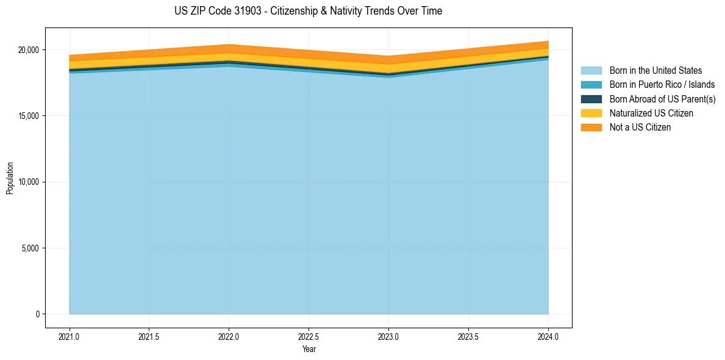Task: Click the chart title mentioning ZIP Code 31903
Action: pos(309,11)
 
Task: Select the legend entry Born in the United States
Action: pos(655,71)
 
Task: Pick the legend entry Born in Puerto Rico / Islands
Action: pos(662,85)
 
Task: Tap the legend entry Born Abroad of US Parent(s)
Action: pos(662,99)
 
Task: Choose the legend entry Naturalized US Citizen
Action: pos(651,113)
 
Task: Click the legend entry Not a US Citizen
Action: pos(640,128)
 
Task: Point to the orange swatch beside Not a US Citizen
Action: pos(591,128)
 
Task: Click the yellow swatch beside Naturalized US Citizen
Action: pos(591,113)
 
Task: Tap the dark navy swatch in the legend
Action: pos(591,99)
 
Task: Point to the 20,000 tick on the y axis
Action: pos(28,49)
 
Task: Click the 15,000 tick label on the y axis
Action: pos(28,116)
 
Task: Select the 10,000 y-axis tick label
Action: pos(28,182)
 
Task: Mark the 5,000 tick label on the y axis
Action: pos(30,248)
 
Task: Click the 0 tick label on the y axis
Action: pos(37,314)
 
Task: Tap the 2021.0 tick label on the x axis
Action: pos(70,336)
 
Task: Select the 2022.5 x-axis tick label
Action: pos(309,336)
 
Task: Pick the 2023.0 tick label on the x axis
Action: pos(388,336)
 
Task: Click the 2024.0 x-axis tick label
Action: pos(548,336)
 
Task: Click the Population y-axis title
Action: pos(10,178)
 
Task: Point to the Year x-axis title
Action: pos(309,349)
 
